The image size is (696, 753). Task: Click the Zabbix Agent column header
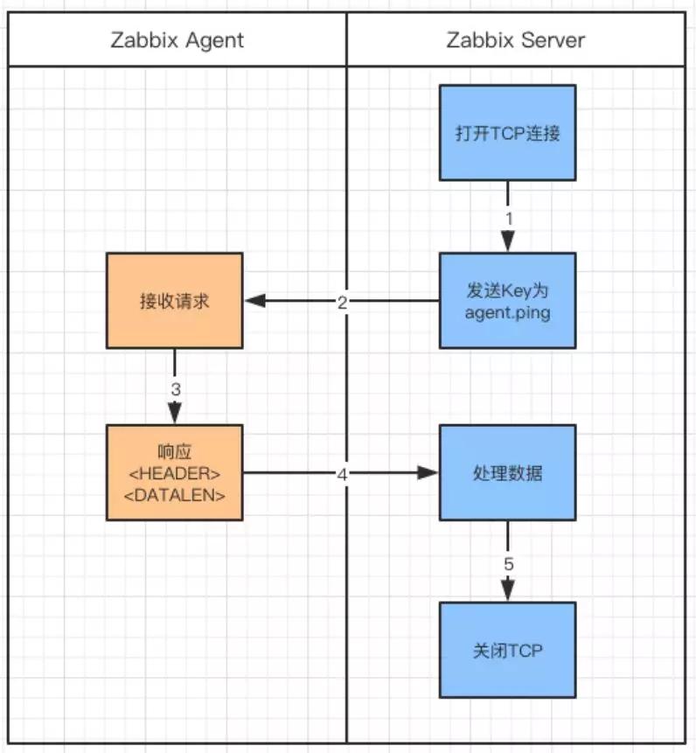(177, 40)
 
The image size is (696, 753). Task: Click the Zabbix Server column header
(516, 40)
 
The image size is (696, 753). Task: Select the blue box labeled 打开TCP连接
(508, 133)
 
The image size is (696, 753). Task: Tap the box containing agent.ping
(508, 301)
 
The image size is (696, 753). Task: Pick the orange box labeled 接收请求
(175, 301)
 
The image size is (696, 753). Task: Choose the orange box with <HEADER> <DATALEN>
(175, 472)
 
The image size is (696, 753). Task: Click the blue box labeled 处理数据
(508, 472)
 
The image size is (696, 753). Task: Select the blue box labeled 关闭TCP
(508, 650)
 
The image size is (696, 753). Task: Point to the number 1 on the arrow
(509, 219)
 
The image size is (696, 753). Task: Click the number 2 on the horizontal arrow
(342, 303)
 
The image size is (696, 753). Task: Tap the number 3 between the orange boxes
(176, 389)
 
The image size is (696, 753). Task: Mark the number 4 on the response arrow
(342, 475)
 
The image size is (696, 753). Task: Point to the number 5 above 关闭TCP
(509, 564)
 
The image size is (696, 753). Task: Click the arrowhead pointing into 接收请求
(255, 301)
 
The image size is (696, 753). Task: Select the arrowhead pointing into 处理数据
(428, 472)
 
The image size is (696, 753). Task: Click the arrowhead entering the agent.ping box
(508, 241)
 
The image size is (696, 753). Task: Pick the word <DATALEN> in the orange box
(175, 495)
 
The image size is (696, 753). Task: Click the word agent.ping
(508, 313)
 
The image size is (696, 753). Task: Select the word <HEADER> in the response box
(175, 473)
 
